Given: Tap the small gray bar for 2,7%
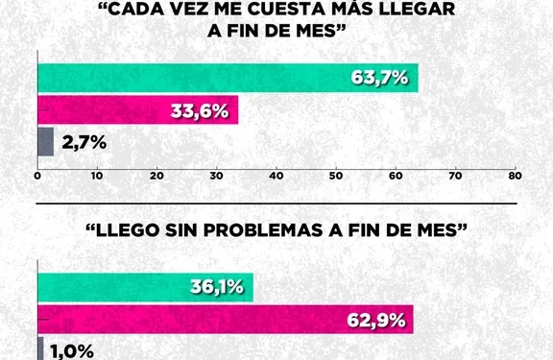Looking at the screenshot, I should click(x=45, y=142).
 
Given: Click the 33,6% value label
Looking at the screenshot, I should click(x=202, y=110).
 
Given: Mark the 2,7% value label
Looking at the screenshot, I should click(x=84, y=143).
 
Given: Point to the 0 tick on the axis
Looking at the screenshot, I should click(x=37, y=176).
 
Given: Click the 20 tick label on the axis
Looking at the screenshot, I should click(x=157, y=176).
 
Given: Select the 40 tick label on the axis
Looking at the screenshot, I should click(x=276, y=176).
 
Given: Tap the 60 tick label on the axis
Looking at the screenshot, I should click(x=396, y=176).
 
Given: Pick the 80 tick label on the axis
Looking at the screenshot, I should click(x=515, y=176).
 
